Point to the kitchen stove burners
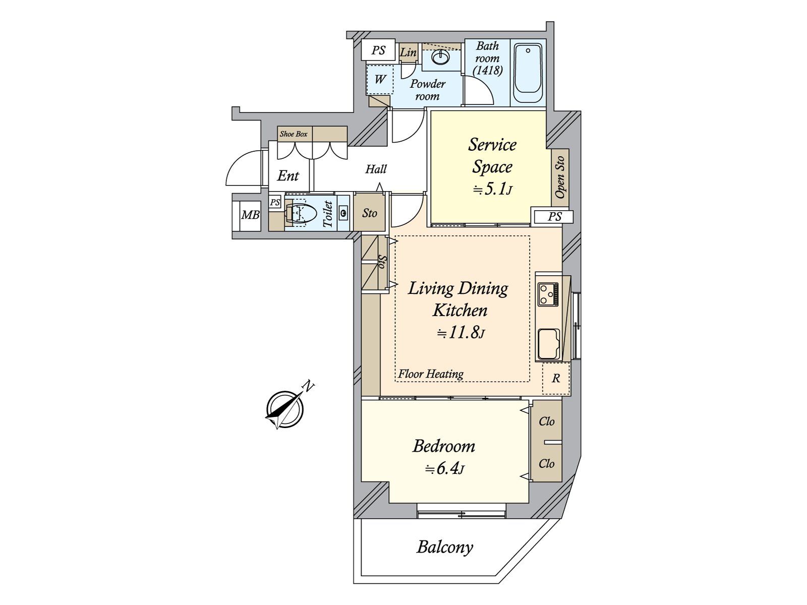point(548,294)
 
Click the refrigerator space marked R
point(556,378)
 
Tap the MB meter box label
point(250,215)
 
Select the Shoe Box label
point(294,134)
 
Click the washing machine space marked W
point(380,79)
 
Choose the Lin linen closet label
point(408,52)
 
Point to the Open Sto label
point(559,177)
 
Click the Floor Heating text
point(431,374)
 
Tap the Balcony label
point(445,548)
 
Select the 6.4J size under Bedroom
point(445,469)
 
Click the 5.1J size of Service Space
point(492,190)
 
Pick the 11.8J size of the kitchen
point(461,333)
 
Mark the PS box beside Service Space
point(554,217)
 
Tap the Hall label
point(376,169)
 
